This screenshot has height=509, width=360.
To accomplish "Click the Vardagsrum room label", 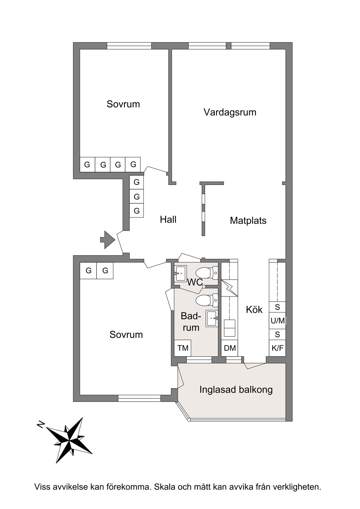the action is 230,112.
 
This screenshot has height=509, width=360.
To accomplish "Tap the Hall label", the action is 168,219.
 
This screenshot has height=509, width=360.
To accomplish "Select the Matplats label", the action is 248,221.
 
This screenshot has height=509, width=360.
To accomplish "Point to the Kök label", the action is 254,310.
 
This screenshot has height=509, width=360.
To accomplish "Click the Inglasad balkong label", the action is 236,390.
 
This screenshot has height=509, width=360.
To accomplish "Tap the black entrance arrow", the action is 108,240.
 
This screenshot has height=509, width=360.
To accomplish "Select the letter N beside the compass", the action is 41,424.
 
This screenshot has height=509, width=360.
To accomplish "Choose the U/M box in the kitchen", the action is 277,321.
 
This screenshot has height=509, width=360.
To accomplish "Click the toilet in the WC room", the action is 207,273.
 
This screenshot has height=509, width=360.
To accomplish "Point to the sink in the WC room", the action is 181,273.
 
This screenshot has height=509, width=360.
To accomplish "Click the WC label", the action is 195,282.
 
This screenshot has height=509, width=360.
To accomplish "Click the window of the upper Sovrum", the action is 129,46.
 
